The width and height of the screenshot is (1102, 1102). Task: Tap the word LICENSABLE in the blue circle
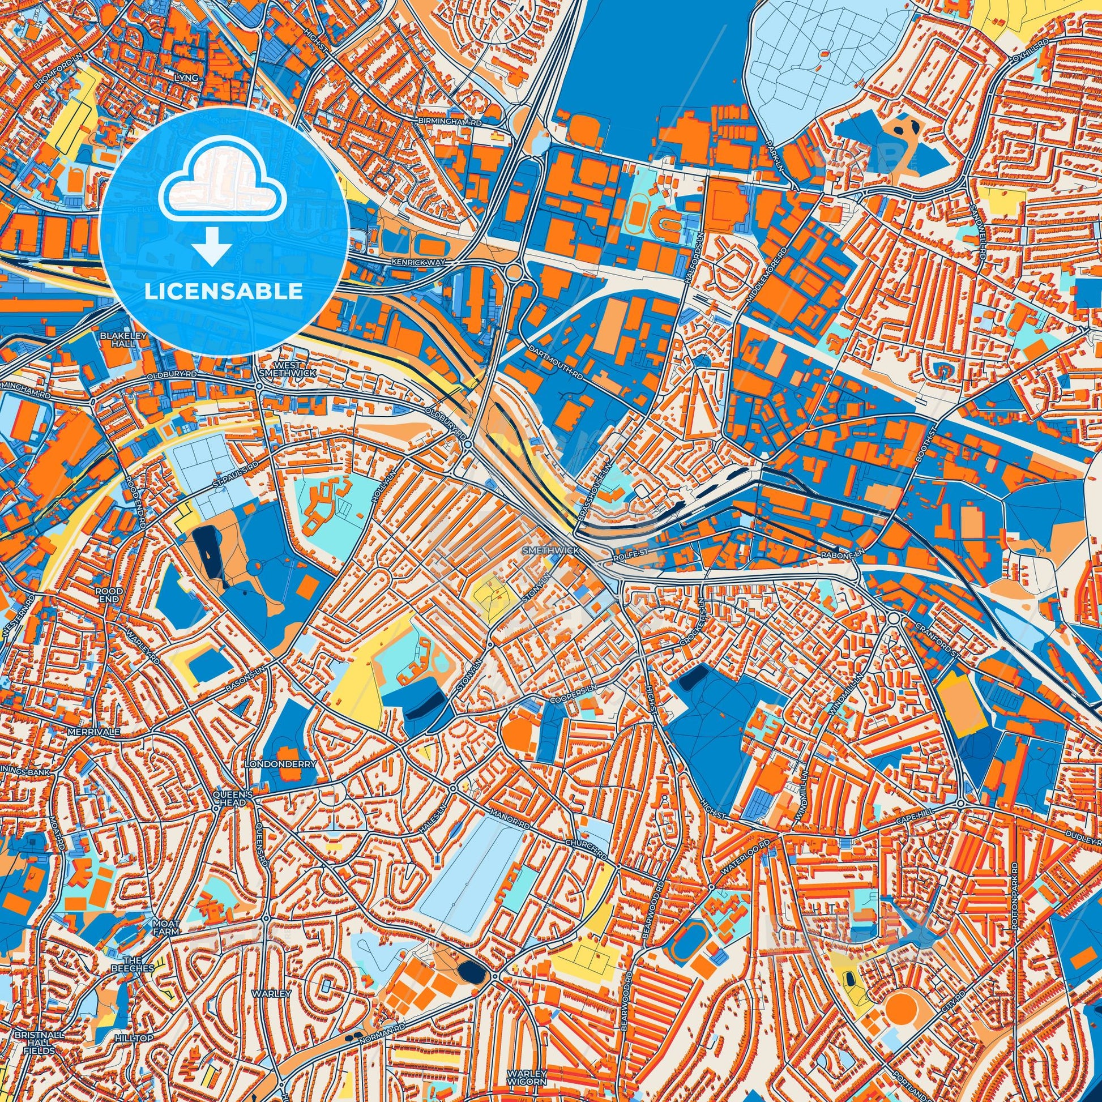[224, 292]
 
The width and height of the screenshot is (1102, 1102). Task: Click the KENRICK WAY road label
[417, 262]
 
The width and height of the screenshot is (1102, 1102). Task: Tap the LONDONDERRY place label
[280, 763]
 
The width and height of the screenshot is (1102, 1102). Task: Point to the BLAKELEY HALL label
[116, 340]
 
